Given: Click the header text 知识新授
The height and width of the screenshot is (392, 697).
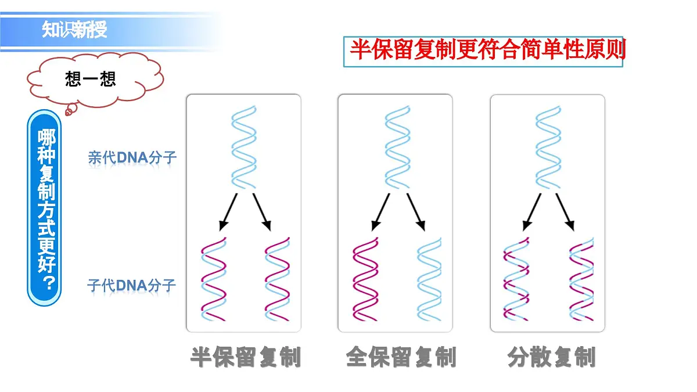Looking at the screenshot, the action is [x=74, y=30].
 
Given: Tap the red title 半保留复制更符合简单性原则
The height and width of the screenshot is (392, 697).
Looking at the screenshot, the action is [x=487, y=50].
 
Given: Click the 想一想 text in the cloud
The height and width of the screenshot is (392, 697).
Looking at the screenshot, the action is [x=90, y=79].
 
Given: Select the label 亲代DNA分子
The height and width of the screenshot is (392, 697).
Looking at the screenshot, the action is [x=132, y=157].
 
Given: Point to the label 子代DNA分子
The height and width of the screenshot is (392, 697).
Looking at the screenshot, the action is [x=131, y=285].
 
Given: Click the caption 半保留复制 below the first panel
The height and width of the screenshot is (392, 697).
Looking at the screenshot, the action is [x=246, y=357].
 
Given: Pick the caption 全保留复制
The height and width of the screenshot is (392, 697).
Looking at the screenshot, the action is [x=401, y=357].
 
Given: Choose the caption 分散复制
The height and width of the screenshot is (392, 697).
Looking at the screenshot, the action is [x=551, y=357].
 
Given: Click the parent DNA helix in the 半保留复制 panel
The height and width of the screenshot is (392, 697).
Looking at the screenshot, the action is [x=243, y=147].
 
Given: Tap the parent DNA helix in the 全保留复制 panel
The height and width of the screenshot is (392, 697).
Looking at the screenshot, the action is [x=398, y=147].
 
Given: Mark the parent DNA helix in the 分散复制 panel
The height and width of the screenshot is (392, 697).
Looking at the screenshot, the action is [x=548, y=147].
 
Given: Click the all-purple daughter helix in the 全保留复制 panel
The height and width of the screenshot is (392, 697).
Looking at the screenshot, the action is [x=365, y=279].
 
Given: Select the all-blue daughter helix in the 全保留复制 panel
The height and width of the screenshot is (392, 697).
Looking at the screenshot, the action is [x=429, y=279].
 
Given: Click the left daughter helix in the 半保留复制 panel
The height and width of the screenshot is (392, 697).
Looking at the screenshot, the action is [x=214, y=279].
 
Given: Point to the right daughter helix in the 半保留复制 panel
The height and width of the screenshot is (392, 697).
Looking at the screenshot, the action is [x=277, y=279].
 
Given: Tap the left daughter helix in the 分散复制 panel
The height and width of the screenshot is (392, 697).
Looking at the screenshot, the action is [x=516, y=279].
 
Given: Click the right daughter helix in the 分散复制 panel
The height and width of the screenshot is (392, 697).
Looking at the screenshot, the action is [x=581, y=279].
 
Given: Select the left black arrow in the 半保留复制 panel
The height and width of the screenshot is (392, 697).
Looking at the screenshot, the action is [x=228, y=212].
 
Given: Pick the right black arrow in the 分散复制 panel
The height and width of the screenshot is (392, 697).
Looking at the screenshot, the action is [x=565, y=212].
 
